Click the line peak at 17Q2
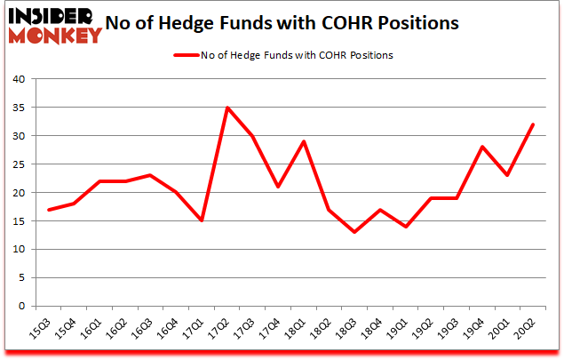[228, 108]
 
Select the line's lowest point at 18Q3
[355, 232]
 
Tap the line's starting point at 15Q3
[49, 210]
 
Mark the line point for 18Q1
[305, 141]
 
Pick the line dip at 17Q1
[203, 221]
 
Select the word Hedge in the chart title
[206, 24]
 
